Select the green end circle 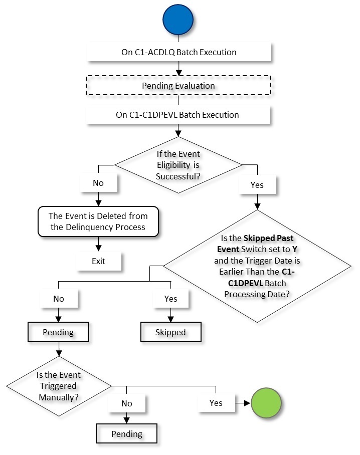pyautogui.click(x=266, y=402)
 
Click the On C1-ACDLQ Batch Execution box pyautogui.click(x=179, y=52)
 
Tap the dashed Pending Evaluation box pyautogui.click(x=179, y=86)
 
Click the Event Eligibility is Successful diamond pyautogui.click(x=179, y=164)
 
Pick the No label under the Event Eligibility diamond pyautogui.click(x=98, y=183)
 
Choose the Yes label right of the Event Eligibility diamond pyautogui.click(x=257, y=185)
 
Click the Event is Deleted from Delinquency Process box pyautogui.click(x=98, y=221)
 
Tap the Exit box pyautogui.click(x=98, y=261)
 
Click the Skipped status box pyautogui.click(x=170, y=332)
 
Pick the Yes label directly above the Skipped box pyautogui.click(x=170, y=299)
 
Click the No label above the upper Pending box pyautogui.click(x=59, y=299)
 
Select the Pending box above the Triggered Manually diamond pyautogui.click(x=59, y=332)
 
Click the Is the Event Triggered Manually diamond pyautogui.click(x=59, y=386)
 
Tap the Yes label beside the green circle pyautogui.click(x=216, y=402)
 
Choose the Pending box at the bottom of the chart pyautogui.click(x=127, y=434)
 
